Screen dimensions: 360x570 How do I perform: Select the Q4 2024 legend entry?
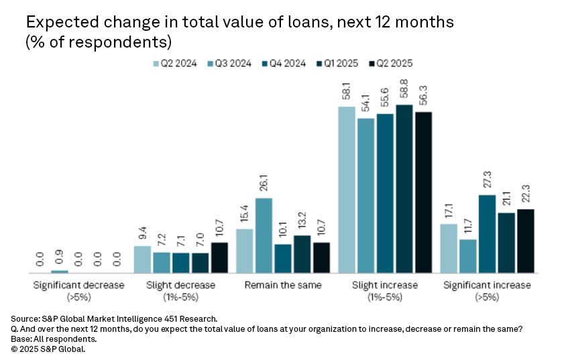285,64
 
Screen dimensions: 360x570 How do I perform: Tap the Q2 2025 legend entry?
390,64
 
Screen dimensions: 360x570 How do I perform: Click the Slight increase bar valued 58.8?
404,189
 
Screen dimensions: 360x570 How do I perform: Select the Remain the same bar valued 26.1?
264,235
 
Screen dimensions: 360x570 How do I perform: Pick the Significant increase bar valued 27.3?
488,234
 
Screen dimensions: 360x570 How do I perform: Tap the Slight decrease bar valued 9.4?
143,259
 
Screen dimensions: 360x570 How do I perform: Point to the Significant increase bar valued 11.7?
468,256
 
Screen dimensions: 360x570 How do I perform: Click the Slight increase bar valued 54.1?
366,196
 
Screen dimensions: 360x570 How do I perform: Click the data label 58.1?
347,90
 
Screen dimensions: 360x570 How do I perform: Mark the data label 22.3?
526,192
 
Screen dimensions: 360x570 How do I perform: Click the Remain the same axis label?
282,285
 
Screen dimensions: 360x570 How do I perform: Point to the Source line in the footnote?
115,318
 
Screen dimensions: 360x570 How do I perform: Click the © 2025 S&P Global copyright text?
49,349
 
